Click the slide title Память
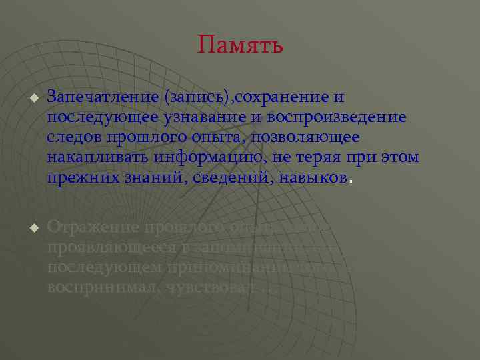click(x=240, y=45)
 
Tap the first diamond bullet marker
click(x=32, y=97)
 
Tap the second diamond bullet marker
click(x=32, y=228)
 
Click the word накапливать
click(x=98, y=158)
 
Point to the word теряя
click(x=319, y=158)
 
